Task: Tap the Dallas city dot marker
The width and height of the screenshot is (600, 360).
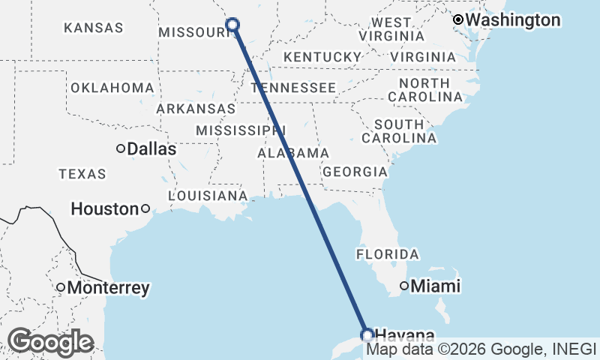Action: pyautogui.click(x=121, y=148)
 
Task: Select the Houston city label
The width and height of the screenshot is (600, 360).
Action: pyautogui.click(x=105, y=209)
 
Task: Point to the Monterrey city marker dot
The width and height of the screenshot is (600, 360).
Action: pyautogui.click(x=61, y=287)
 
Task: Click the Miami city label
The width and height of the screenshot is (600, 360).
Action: pyautogui.click(x=436, y=286)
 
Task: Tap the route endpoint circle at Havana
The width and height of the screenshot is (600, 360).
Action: pyautogui.click(x=367, y=334)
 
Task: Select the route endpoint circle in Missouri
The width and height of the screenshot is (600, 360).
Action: pyautogui.click(x=232, y=25)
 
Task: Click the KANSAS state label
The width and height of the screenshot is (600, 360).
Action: pyautogui.click(x=94, y=28)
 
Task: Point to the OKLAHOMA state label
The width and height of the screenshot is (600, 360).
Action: pyautogui.click(x=112, y=88)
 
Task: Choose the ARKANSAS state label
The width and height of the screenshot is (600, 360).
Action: pyautogui.click(x=196, y=109)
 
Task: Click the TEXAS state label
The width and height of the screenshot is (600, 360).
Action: pyautogui.click(x=82, y=174)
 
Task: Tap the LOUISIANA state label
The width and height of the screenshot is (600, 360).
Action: pyautogui.click(x=208, y=196)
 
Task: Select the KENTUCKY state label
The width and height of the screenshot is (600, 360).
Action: pyautogui.click(x=322, y=57)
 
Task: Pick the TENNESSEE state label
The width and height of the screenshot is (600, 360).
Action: pyautogui.click(x=294, y=88)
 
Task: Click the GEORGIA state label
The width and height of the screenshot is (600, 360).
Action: pyautogui.click(x=355, y=172)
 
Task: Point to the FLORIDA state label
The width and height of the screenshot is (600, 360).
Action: pyautogui.click(x=387, y=254)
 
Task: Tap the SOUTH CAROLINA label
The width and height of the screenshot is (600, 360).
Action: pyautogui.click(x=399, y=130)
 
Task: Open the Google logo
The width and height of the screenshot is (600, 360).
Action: pyautogui.click(x=50, y=342)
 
